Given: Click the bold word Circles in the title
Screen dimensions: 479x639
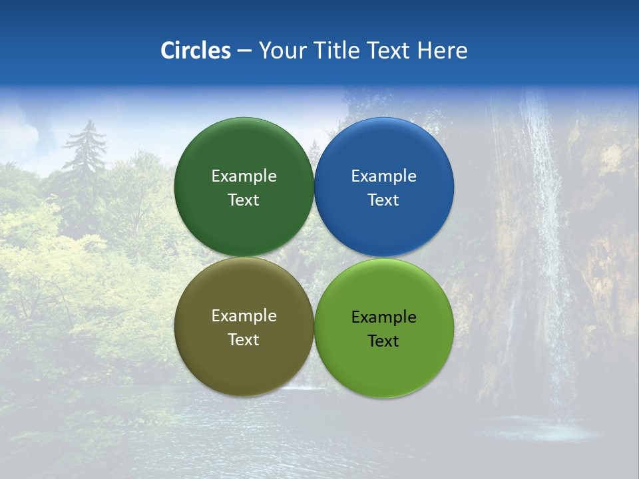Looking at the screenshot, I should [x=195, y=51].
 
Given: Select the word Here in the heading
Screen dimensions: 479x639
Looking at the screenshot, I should [x=443, y=51].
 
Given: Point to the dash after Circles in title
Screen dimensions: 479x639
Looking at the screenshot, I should [x=244, y=51].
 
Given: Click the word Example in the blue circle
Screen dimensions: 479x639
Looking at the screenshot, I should [x=384, y=176].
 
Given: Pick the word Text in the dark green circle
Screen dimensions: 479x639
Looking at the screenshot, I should [x=244, y=200].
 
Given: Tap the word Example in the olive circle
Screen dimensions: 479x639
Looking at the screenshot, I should [x=244, y=316].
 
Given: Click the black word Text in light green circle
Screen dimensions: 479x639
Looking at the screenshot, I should [x=383, y=341].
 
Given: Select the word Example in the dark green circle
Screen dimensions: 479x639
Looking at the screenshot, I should [x=244, y=176].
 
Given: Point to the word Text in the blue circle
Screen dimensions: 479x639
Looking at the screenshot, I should [x=383, y=200].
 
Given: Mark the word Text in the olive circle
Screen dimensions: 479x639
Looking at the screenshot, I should [x=244, y=340].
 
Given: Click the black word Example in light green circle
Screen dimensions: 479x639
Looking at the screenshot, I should [x=384, y=317].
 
